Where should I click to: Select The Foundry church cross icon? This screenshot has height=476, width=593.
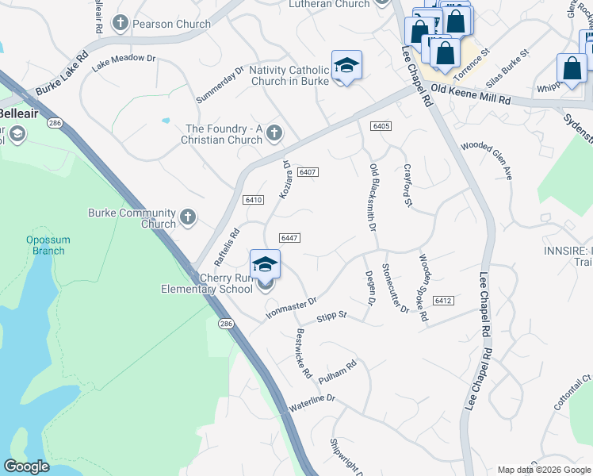tap(274, 132)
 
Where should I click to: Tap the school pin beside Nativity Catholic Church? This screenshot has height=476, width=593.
tap(346, 67)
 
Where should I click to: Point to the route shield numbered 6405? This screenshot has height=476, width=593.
tap(381, 126)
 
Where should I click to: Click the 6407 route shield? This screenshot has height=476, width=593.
tap(309, 172)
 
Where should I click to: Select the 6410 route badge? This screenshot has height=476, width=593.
tap(254, 200)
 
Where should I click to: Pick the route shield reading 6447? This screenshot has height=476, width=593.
tap(289, 238)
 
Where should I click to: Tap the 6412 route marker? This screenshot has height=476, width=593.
tap(443, 300)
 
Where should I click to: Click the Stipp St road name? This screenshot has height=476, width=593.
tap(332, 316)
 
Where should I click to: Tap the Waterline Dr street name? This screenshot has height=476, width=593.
tap(313, 402)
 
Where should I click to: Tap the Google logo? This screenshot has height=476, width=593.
tap(26, 466)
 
